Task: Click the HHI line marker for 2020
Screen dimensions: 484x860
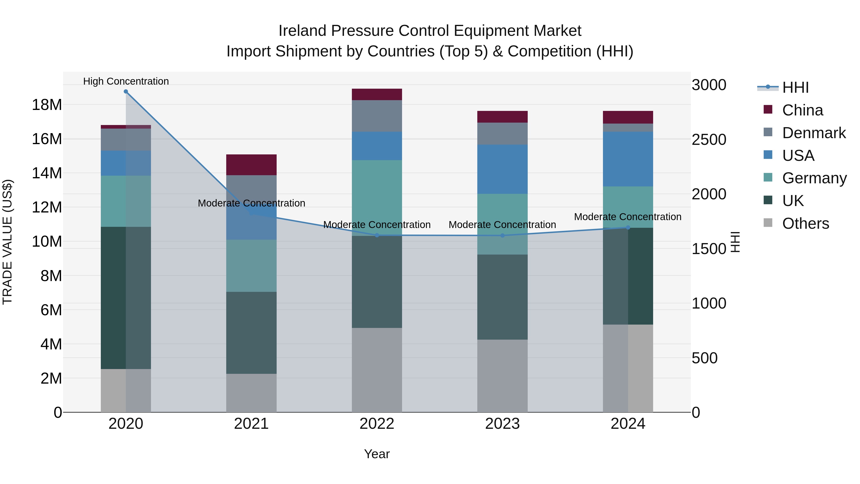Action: (x=126, y=92)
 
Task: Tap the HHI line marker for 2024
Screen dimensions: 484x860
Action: (x=628, y=228)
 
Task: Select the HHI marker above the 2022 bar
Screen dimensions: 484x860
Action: (x=377, y=235)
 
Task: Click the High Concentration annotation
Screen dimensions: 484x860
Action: (x=126, y=81)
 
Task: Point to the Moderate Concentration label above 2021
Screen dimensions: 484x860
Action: (x=251, y=203)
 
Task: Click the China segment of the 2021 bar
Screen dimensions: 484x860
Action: (x=251, y=165)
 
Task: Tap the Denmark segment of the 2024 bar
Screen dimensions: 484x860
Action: (x=628, y=128)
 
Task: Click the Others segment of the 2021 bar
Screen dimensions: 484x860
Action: (x=251, y=393)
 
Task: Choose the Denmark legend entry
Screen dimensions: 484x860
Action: (x=814, y=133)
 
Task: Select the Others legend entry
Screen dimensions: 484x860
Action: (x=805, y=223)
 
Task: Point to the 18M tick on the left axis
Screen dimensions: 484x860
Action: (x=47, y=105)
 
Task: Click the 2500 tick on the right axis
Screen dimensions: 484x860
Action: (x=709, y=140)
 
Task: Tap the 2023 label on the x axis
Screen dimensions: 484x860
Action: (x=502, y=424)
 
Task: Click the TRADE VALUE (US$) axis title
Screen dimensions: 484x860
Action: (x=7, y=242)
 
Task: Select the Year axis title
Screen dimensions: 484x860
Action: (x=377, y=454)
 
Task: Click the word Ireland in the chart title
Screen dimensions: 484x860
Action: (x=302, y=31)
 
